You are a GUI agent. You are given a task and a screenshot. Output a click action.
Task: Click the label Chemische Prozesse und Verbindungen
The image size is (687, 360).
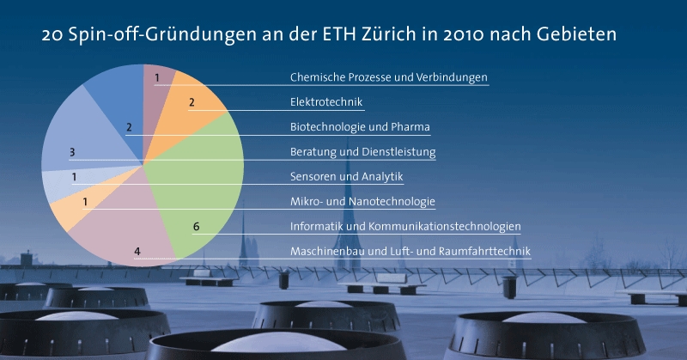389,77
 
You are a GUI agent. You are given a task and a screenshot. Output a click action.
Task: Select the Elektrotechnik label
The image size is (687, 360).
326,102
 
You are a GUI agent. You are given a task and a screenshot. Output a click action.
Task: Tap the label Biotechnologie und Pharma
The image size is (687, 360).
360,127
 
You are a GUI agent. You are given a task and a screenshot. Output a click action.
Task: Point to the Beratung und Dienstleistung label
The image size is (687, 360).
362,152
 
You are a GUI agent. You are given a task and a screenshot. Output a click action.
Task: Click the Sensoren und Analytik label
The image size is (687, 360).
347,177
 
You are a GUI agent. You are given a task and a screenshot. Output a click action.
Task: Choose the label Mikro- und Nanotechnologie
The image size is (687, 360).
362,202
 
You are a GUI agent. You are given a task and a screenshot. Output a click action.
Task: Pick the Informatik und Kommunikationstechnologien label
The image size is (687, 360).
405,227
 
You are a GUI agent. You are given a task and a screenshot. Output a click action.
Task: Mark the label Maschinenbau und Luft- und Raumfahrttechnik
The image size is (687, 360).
410,251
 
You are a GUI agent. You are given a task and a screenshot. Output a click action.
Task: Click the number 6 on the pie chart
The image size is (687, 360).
197,227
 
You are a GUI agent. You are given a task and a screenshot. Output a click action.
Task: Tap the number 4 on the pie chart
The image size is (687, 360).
137,251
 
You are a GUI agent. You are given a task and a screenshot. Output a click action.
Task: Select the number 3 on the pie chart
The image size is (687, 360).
72,152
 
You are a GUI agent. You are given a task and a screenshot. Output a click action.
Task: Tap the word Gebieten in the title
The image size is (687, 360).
576,34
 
